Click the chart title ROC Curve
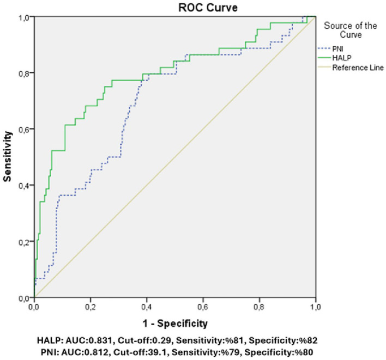coord(208,8)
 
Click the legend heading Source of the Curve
coord(351,30)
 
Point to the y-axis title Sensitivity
coord(8,157)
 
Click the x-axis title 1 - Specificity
coord(175,324)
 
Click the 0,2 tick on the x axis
coord(91,307)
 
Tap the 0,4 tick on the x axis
coord(147,307)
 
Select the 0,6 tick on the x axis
coord(203,307)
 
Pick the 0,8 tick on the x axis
coord(259,307)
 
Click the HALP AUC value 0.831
coord(101,340)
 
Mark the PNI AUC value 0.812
coord(96,352)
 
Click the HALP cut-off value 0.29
coord(162,340)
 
